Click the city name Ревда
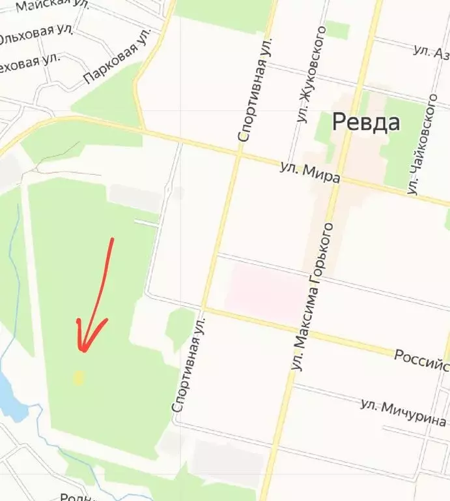click(366, 122)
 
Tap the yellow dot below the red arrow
click(79, 378)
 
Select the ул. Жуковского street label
click(311, 76)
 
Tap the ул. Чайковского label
click(423, 145)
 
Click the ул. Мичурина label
click(403, 412)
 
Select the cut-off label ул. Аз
click(431, 51)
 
